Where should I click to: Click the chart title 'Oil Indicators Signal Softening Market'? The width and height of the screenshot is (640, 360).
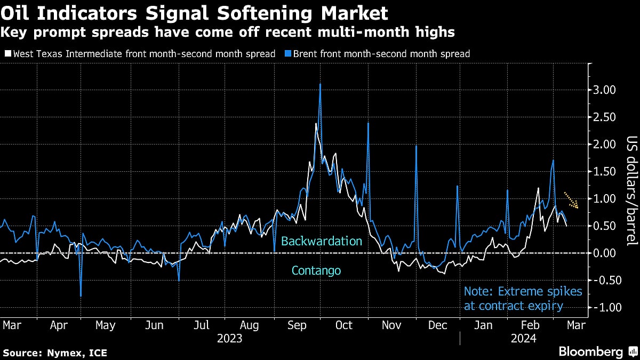click(x=194, y=11)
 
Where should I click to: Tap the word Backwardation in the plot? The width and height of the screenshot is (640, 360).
click(x=322, y=241)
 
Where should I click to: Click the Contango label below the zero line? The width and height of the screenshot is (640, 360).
click(x=316, y=270)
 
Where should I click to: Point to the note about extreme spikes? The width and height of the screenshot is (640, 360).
click(x=523, y=299)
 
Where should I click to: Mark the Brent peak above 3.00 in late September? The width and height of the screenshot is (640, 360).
click(x=320, y=84)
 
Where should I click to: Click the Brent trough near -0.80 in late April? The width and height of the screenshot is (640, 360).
click(x=81, y=295)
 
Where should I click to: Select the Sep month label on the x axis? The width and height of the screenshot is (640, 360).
click(x=298, y=325)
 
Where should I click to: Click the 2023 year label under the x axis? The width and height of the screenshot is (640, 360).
click(x=230, y=338)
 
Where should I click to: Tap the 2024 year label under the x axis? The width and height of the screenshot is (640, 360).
click(x=524, y=338)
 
